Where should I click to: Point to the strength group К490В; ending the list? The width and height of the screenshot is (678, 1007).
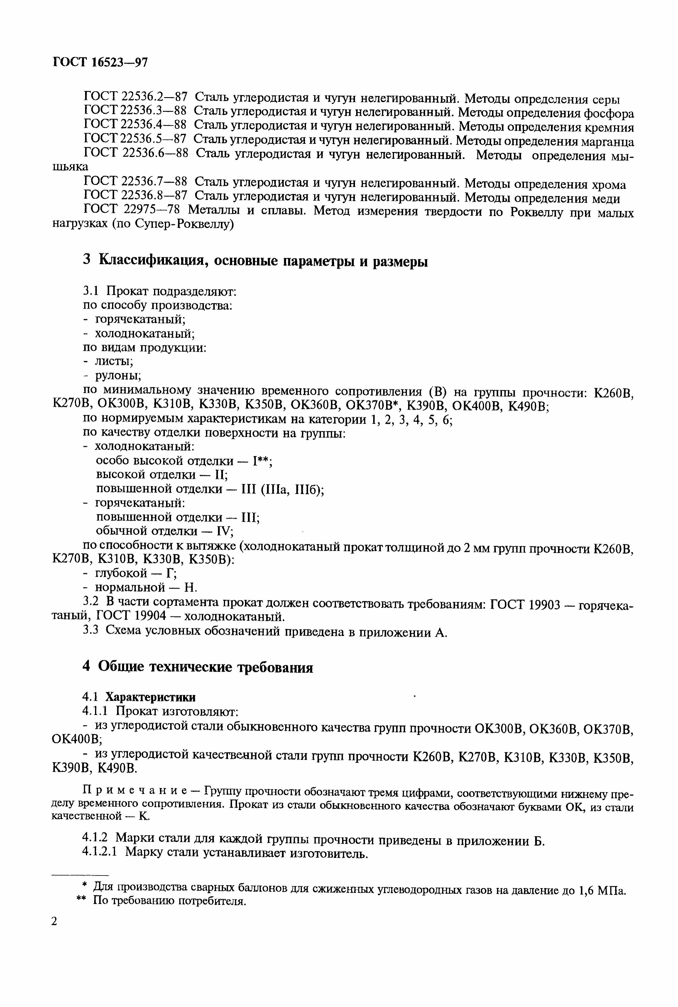527,406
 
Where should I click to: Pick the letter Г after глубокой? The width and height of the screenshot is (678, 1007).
170,573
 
